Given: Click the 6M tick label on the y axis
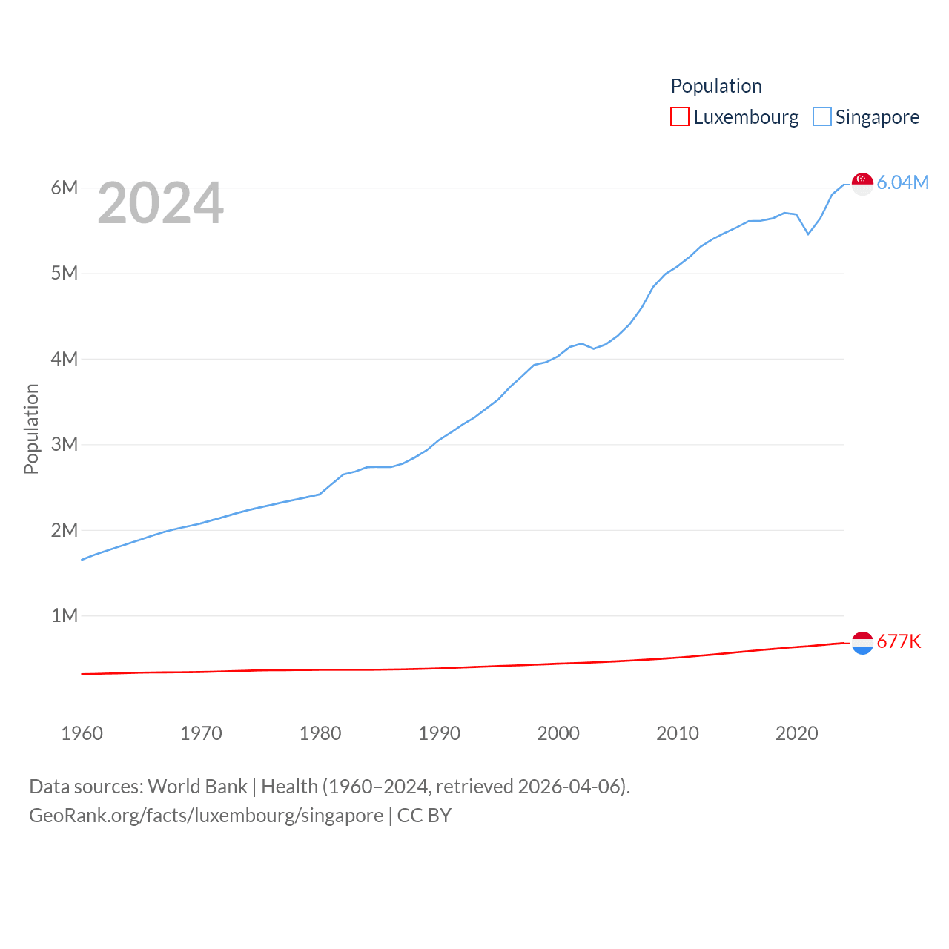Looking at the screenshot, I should coord(65,188).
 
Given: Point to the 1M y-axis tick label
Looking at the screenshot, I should coord(65,615).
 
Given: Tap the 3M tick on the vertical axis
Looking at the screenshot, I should coord(65,444).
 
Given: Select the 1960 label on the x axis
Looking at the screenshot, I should coord(82,733).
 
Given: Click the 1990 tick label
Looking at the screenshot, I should coord(439,733).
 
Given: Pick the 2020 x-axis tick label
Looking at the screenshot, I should coord(796,733).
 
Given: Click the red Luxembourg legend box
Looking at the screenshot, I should coord(679,117).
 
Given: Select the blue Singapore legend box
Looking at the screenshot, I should coord(821,117).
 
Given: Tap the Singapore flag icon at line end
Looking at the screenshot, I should coord(862,183).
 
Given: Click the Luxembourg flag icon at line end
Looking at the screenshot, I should coord(862,643).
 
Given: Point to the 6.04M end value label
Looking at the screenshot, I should coord(902,182).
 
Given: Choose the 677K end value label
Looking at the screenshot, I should coord(899,641).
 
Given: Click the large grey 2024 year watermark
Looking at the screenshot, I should coord(160,203).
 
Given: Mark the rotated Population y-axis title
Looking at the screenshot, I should coord(31,429).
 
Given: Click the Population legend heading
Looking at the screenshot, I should coord(715,86).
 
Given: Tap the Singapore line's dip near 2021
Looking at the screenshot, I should coord(808,234).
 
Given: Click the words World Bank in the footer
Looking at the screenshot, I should coord(197,787).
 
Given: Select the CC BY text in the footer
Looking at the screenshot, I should coord(424,816).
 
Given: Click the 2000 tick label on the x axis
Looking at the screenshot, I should coord(558,733).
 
